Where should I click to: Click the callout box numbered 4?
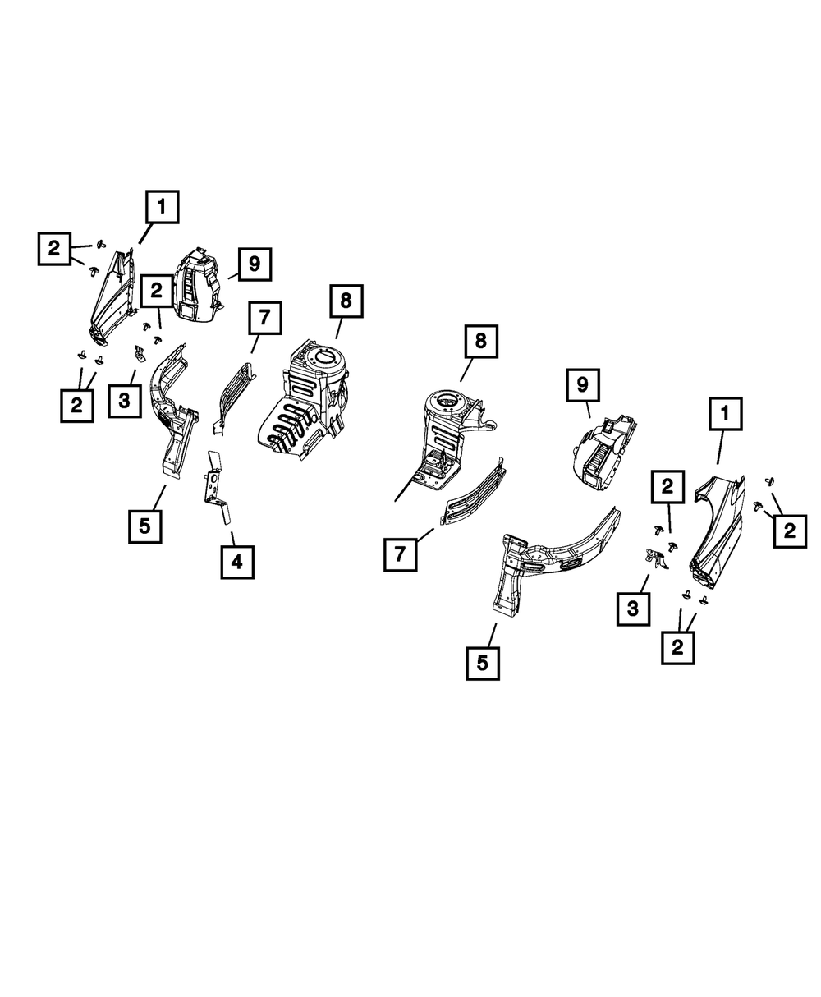tap(236, 562)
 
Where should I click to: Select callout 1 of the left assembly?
tap(162, 208)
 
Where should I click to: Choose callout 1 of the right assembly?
tap(725, 416)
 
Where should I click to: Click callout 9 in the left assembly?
tap(254, 264)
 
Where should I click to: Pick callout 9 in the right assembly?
tap(582, 384)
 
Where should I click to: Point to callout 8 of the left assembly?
tap(345, 301)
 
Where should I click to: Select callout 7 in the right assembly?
tap(400, 554)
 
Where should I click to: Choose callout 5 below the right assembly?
tap(483, 663)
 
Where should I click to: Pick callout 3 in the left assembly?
tap(124, 402)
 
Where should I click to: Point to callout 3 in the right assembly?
tap(634, 609)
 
